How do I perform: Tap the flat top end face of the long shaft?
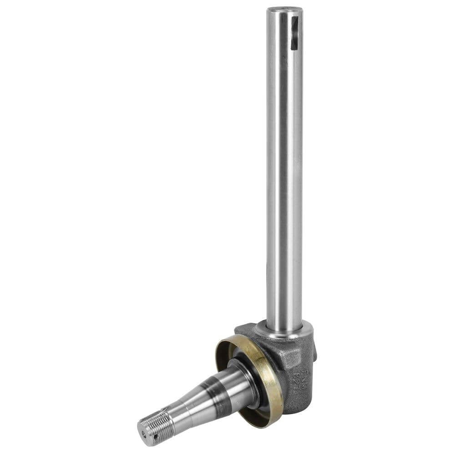tap(284, 9)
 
